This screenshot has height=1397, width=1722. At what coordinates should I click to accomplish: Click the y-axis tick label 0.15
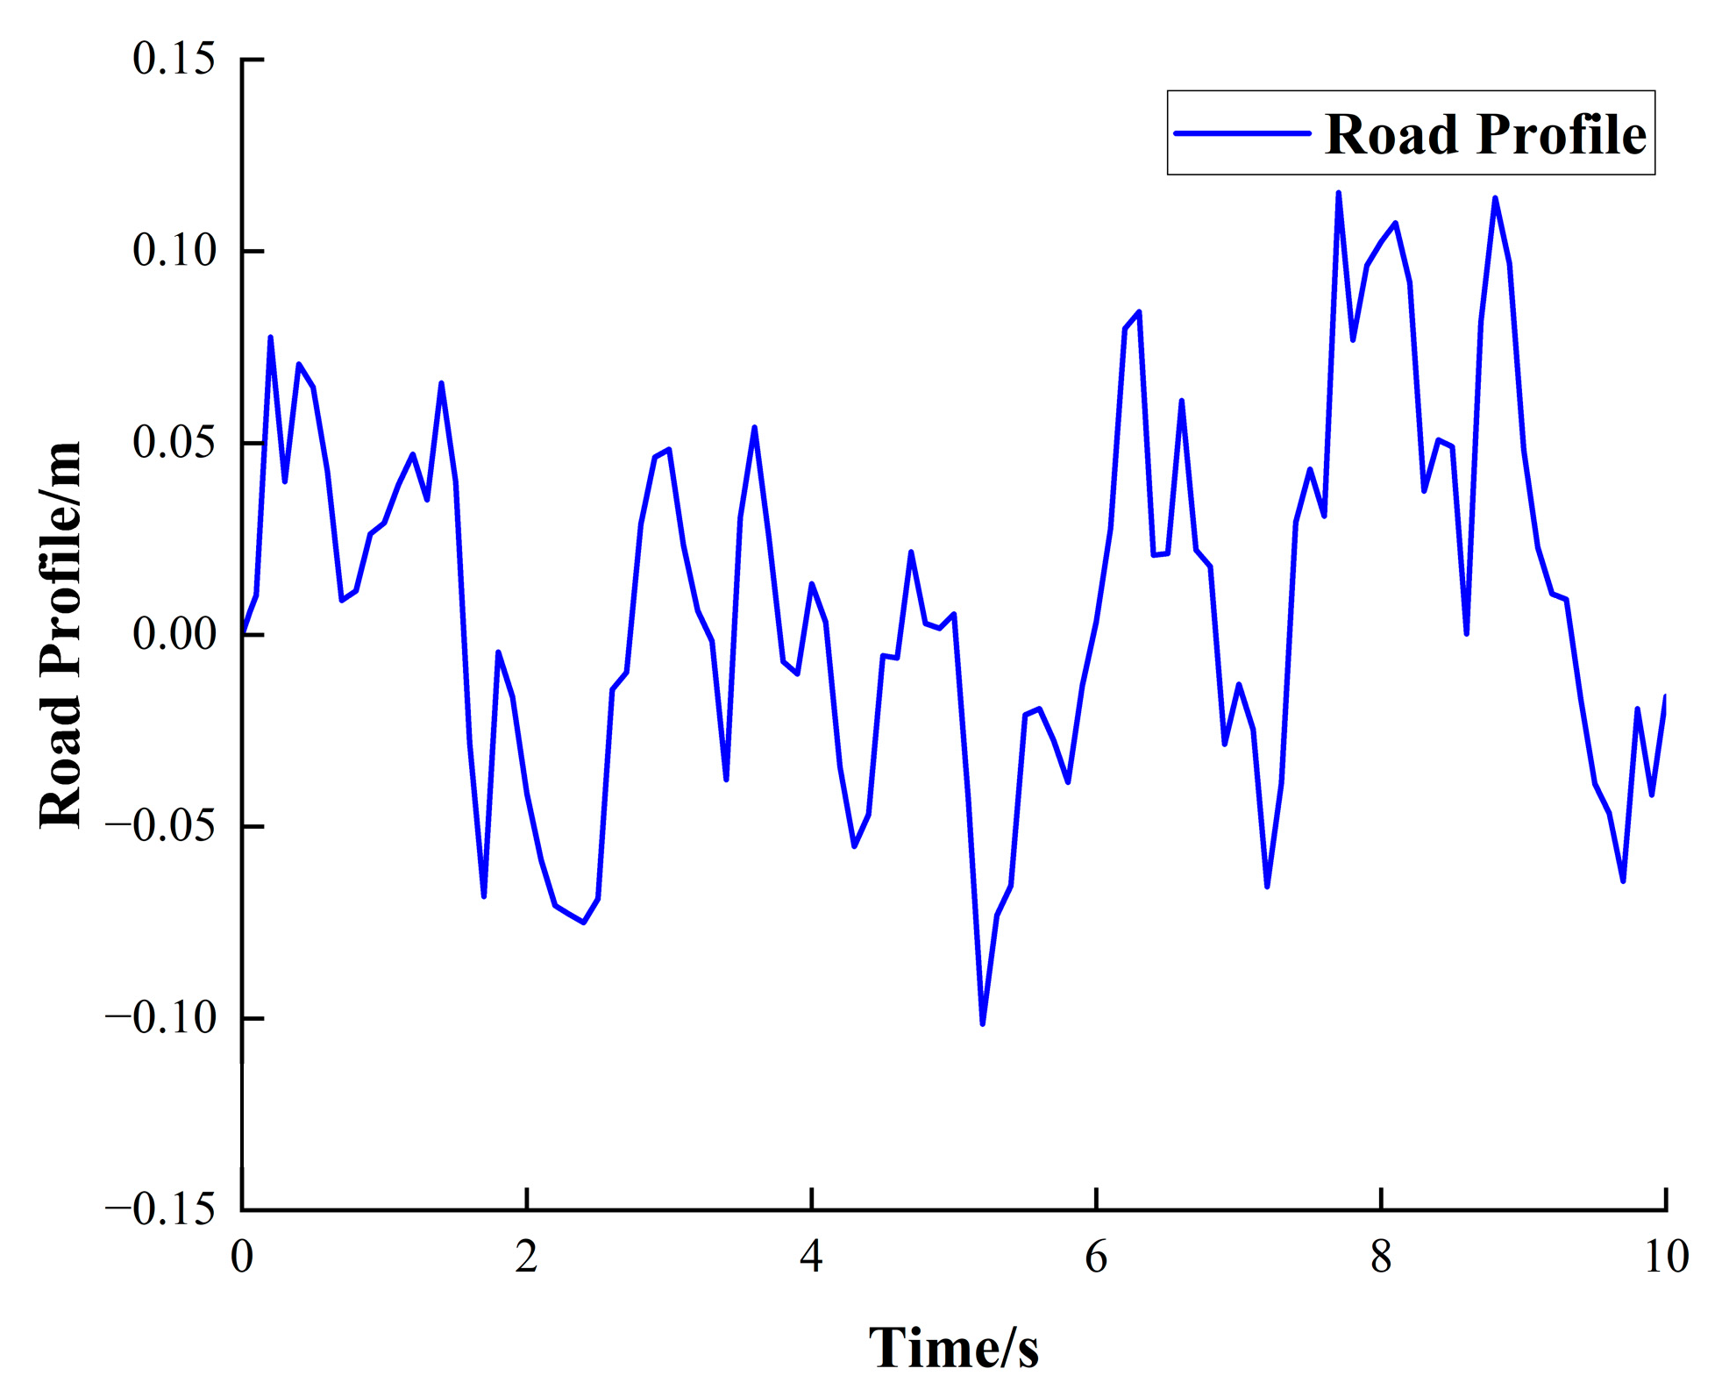[x=174, y=60]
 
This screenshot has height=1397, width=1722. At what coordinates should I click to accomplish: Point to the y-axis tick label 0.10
[x=174, y=251]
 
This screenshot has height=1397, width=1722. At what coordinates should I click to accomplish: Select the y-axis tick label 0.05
[x=174, y=442]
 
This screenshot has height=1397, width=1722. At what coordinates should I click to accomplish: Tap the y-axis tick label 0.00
[x=174, y=634]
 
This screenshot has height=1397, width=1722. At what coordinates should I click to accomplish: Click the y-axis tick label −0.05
[x=160, y=826]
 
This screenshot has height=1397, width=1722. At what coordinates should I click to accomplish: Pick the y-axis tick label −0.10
[x=160, y=1018]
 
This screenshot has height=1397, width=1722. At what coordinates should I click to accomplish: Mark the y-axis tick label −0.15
[x=160, y=1210]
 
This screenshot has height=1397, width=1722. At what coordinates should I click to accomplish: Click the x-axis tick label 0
[x=242, y=1258]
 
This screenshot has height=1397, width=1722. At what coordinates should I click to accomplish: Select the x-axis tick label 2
[x=526, y=1258]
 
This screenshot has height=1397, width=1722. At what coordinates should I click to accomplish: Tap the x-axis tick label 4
[x=811, y=1258]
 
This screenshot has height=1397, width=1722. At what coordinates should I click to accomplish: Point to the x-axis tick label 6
[x=1096, y=1258]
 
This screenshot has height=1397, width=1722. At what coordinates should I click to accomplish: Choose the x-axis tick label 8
[x=1381, y=1258]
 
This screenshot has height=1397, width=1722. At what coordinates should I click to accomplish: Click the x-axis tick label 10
[x=1666, y=1258]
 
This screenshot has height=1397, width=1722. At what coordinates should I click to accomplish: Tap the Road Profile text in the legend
[x=1485, y=134]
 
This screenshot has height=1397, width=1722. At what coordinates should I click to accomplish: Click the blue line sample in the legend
[x=1242, y=133]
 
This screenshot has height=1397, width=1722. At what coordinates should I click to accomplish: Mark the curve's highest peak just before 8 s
[x=1338, y=193]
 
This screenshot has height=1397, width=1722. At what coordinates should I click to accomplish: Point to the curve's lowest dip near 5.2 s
[x=982, y=1023]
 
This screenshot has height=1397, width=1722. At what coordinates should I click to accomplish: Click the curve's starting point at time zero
[x=243, y=633]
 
